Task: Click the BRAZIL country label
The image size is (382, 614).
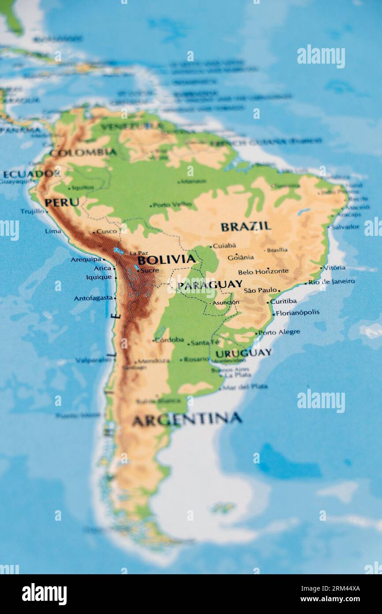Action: click(x=246, y=227)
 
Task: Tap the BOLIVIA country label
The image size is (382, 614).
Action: click(x=166, y=259)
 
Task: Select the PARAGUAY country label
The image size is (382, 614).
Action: click(x=210, y=285)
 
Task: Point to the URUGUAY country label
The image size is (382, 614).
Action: click(x=243, y=353)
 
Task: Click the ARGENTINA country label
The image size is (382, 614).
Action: click(x=187, y=419)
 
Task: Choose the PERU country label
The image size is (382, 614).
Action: click(x=62, y=203)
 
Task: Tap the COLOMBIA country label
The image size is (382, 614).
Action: click(x=83, y=153)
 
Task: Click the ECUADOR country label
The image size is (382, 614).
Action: click(x=31, y=174)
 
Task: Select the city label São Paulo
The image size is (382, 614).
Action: click(x=260, y=290)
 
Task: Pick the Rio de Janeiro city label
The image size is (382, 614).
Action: click(x=331, y=281)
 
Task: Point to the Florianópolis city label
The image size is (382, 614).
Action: click(x=297, y=312)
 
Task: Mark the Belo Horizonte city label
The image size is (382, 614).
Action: click(x=263, y=271)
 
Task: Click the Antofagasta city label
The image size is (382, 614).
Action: click(x=93, y=298)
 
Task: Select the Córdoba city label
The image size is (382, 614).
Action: click(x=169, y=340)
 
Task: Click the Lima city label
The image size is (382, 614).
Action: click(x=53, y=231)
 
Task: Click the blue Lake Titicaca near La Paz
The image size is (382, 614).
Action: click(x=118, y=251)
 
